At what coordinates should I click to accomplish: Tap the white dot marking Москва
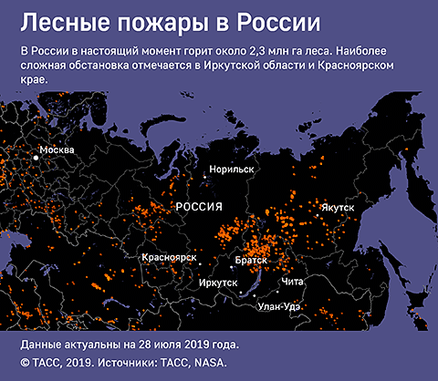[x=37, y=158]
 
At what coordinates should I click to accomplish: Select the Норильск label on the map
[x=231, y=170]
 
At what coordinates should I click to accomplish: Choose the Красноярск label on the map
[x=170, y=258]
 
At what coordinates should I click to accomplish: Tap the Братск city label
[x=251, y=261]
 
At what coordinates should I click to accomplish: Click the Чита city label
[x=293, y=283]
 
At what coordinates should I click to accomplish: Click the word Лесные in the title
[x=59, y=20]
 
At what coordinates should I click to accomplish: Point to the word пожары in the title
[x=151, y=20]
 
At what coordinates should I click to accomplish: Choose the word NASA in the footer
[x=209, y=362]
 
